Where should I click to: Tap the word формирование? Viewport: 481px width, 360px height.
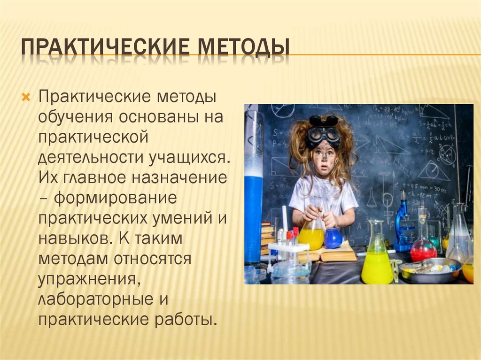[115, 198]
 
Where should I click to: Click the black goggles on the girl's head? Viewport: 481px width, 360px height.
[324, 134]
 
